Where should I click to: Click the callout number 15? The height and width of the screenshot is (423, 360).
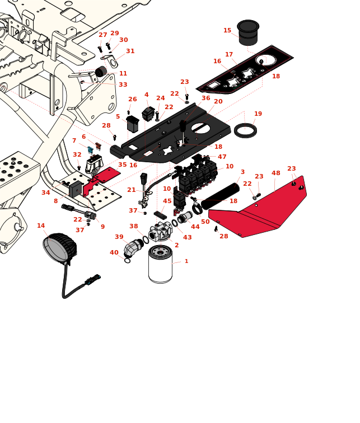tap(227, 31)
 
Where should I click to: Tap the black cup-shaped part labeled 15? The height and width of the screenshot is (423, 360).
tap(248, 32)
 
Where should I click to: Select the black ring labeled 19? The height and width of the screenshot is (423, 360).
tap(245, 130)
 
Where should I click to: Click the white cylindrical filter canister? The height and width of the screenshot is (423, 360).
tap(161, 265)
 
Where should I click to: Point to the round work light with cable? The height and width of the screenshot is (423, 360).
tap(59, 248)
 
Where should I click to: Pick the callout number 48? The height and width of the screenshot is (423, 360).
tap(276, 173)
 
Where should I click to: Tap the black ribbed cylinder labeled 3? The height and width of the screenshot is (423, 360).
tap(220, 196)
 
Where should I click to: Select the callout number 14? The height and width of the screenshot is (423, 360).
tap(41, 226)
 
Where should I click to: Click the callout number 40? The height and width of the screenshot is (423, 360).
tap(114, 253)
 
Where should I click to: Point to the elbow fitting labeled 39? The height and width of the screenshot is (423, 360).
tap(133, 247)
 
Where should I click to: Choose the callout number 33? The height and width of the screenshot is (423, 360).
tap(123, 85)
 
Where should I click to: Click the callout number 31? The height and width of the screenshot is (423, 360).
tap(130, 51)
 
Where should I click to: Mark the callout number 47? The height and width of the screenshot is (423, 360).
tap(222, 157)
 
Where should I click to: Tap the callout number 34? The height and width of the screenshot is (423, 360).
tap(46, 193)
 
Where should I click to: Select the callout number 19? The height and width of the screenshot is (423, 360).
tap(258, 114)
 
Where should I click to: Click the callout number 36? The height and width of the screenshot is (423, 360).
tap(206, 98)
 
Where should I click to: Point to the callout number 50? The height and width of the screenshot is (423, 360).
tap(205, 222)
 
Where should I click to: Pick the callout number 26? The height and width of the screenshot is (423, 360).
tap(133, 100)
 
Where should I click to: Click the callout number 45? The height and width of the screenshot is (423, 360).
tap(167, 201)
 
